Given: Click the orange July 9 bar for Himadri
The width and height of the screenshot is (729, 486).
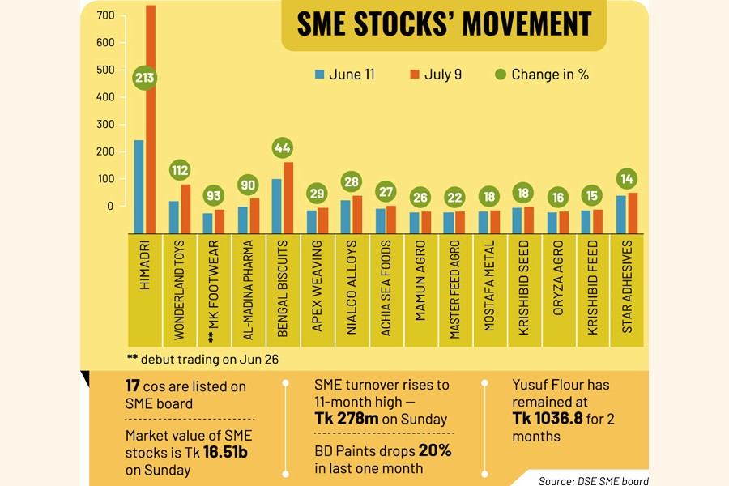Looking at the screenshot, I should [x=151, y=122].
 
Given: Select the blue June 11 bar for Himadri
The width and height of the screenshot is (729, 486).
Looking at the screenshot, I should [x=139, y=186].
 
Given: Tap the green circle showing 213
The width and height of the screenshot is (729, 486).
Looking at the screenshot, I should [x=145, y=79].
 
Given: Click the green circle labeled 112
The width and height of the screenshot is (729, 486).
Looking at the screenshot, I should [x=180, y=170].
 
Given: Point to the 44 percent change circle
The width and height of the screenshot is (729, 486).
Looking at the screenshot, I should [x=283, y=149].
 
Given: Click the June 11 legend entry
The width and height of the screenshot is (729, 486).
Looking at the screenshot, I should [x=344, y=75].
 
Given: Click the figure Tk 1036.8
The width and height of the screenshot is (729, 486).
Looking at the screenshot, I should [x=552, y=419].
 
